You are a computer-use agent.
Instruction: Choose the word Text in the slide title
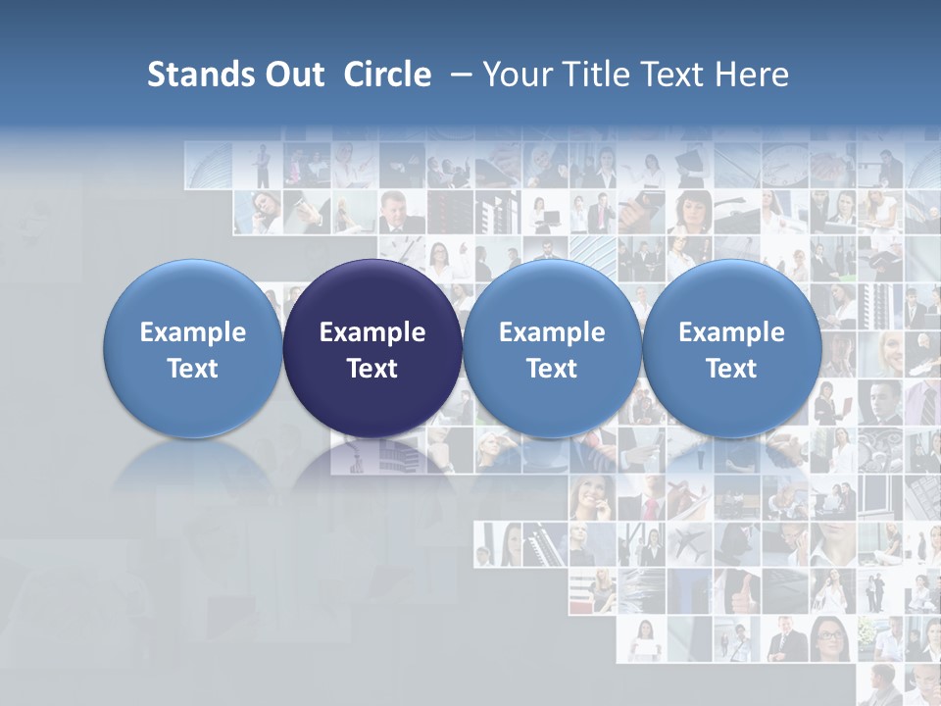669,75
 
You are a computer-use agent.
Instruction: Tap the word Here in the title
752,75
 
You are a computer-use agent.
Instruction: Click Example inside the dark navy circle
372,332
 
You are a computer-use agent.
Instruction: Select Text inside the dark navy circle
372,369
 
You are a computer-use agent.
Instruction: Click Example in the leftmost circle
193,332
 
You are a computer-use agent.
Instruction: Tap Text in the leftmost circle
193,369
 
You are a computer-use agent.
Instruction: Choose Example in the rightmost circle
731,332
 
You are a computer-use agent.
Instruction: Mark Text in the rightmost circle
731,369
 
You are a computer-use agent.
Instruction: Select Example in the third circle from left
552,332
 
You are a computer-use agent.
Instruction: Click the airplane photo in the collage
689,543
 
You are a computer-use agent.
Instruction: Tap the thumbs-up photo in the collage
737,590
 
